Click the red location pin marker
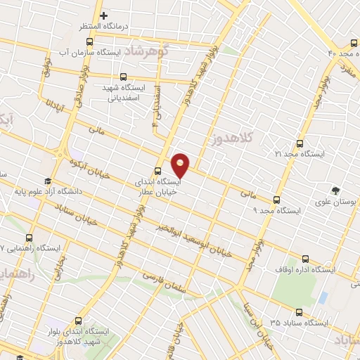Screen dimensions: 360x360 (x=181, y=165)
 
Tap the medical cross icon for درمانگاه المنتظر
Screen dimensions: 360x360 (x=103, y=15)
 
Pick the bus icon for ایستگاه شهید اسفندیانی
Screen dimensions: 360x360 (x=124, y=78)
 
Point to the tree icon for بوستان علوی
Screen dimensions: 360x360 (x=335, y=190)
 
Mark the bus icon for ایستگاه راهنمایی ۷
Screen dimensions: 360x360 (x=30, y=238)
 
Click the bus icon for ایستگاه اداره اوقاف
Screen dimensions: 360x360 (x=304, y=258)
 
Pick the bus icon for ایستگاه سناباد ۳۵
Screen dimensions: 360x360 (x=300, y=311)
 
